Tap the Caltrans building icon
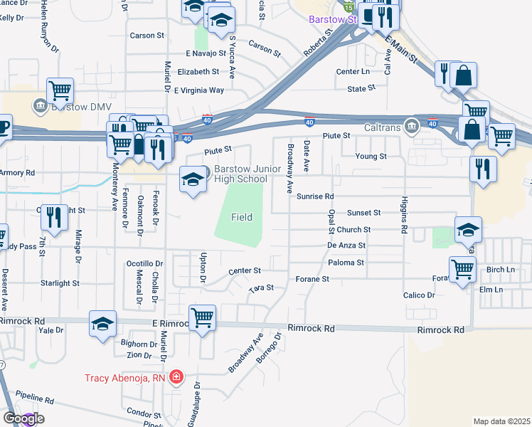coord(411,127)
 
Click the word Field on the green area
coord(241,217)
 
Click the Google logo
coord(23,418)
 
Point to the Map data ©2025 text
coord(501,421)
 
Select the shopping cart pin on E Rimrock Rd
coord(203,317)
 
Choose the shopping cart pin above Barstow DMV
coord(60,90)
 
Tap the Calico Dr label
coord(419,295)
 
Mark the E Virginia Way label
coord(199,90)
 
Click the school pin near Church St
coord(468,228)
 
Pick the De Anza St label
coord(346,245)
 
